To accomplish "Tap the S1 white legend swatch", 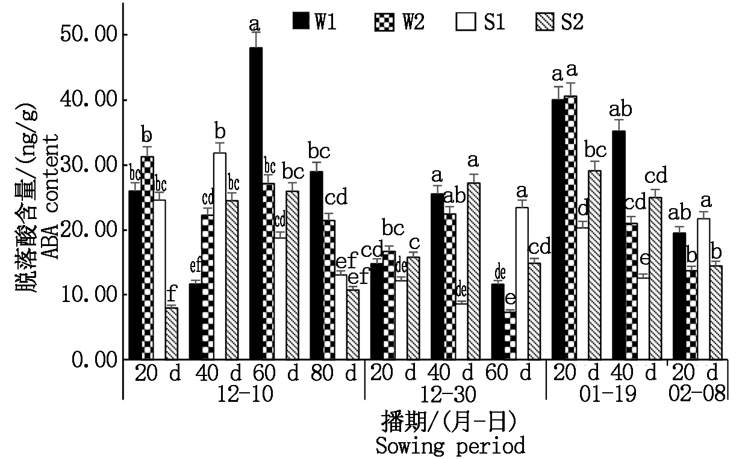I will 463,22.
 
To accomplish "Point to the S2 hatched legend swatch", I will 544,22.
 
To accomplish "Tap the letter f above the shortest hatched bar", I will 172,295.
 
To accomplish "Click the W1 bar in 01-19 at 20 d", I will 558,229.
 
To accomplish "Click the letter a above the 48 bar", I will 254,25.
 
